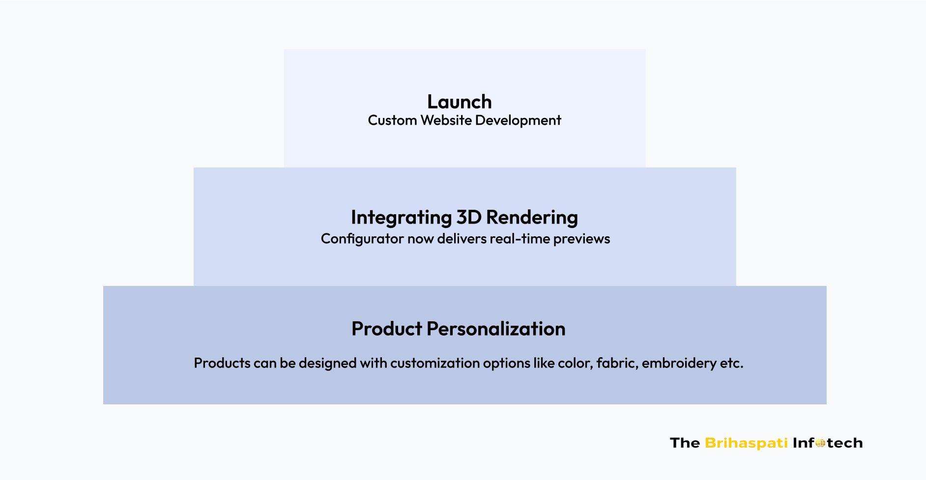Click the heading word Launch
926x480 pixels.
point(460,102)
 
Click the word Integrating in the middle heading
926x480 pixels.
point(401,218)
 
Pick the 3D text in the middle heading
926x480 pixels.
point(469,217)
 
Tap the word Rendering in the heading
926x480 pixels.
point(532,218)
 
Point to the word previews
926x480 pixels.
point(581,239)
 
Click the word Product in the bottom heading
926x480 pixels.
point(387,329)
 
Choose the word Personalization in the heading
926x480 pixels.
point(496,329)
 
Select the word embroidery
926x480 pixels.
point(679,364)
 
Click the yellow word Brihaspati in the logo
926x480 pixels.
point(746,443)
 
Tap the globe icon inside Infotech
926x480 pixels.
point(820,443)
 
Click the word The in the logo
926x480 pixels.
point(685,443)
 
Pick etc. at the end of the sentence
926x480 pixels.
point(731,364)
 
